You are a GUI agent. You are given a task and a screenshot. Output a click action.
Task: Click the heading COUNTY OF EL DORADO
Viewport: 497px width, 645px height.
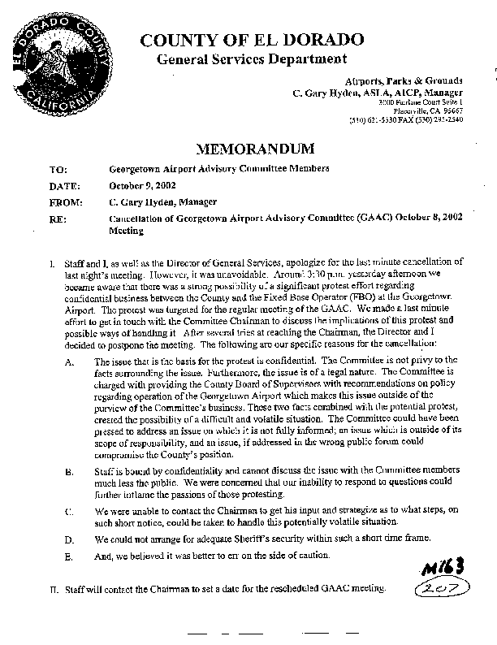[252, 40]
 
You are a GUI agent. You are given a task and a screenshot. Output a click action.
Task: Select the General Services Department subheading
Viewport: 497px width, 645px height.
[252, 59]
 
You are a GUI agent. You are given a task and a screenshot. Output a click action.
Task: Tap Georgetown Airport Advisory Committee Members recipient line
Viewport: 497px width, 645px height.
[219, 169]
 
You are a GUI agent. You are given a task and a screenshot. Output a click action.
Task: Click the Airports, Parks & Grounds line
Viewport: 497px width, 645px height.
[404, 81]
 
